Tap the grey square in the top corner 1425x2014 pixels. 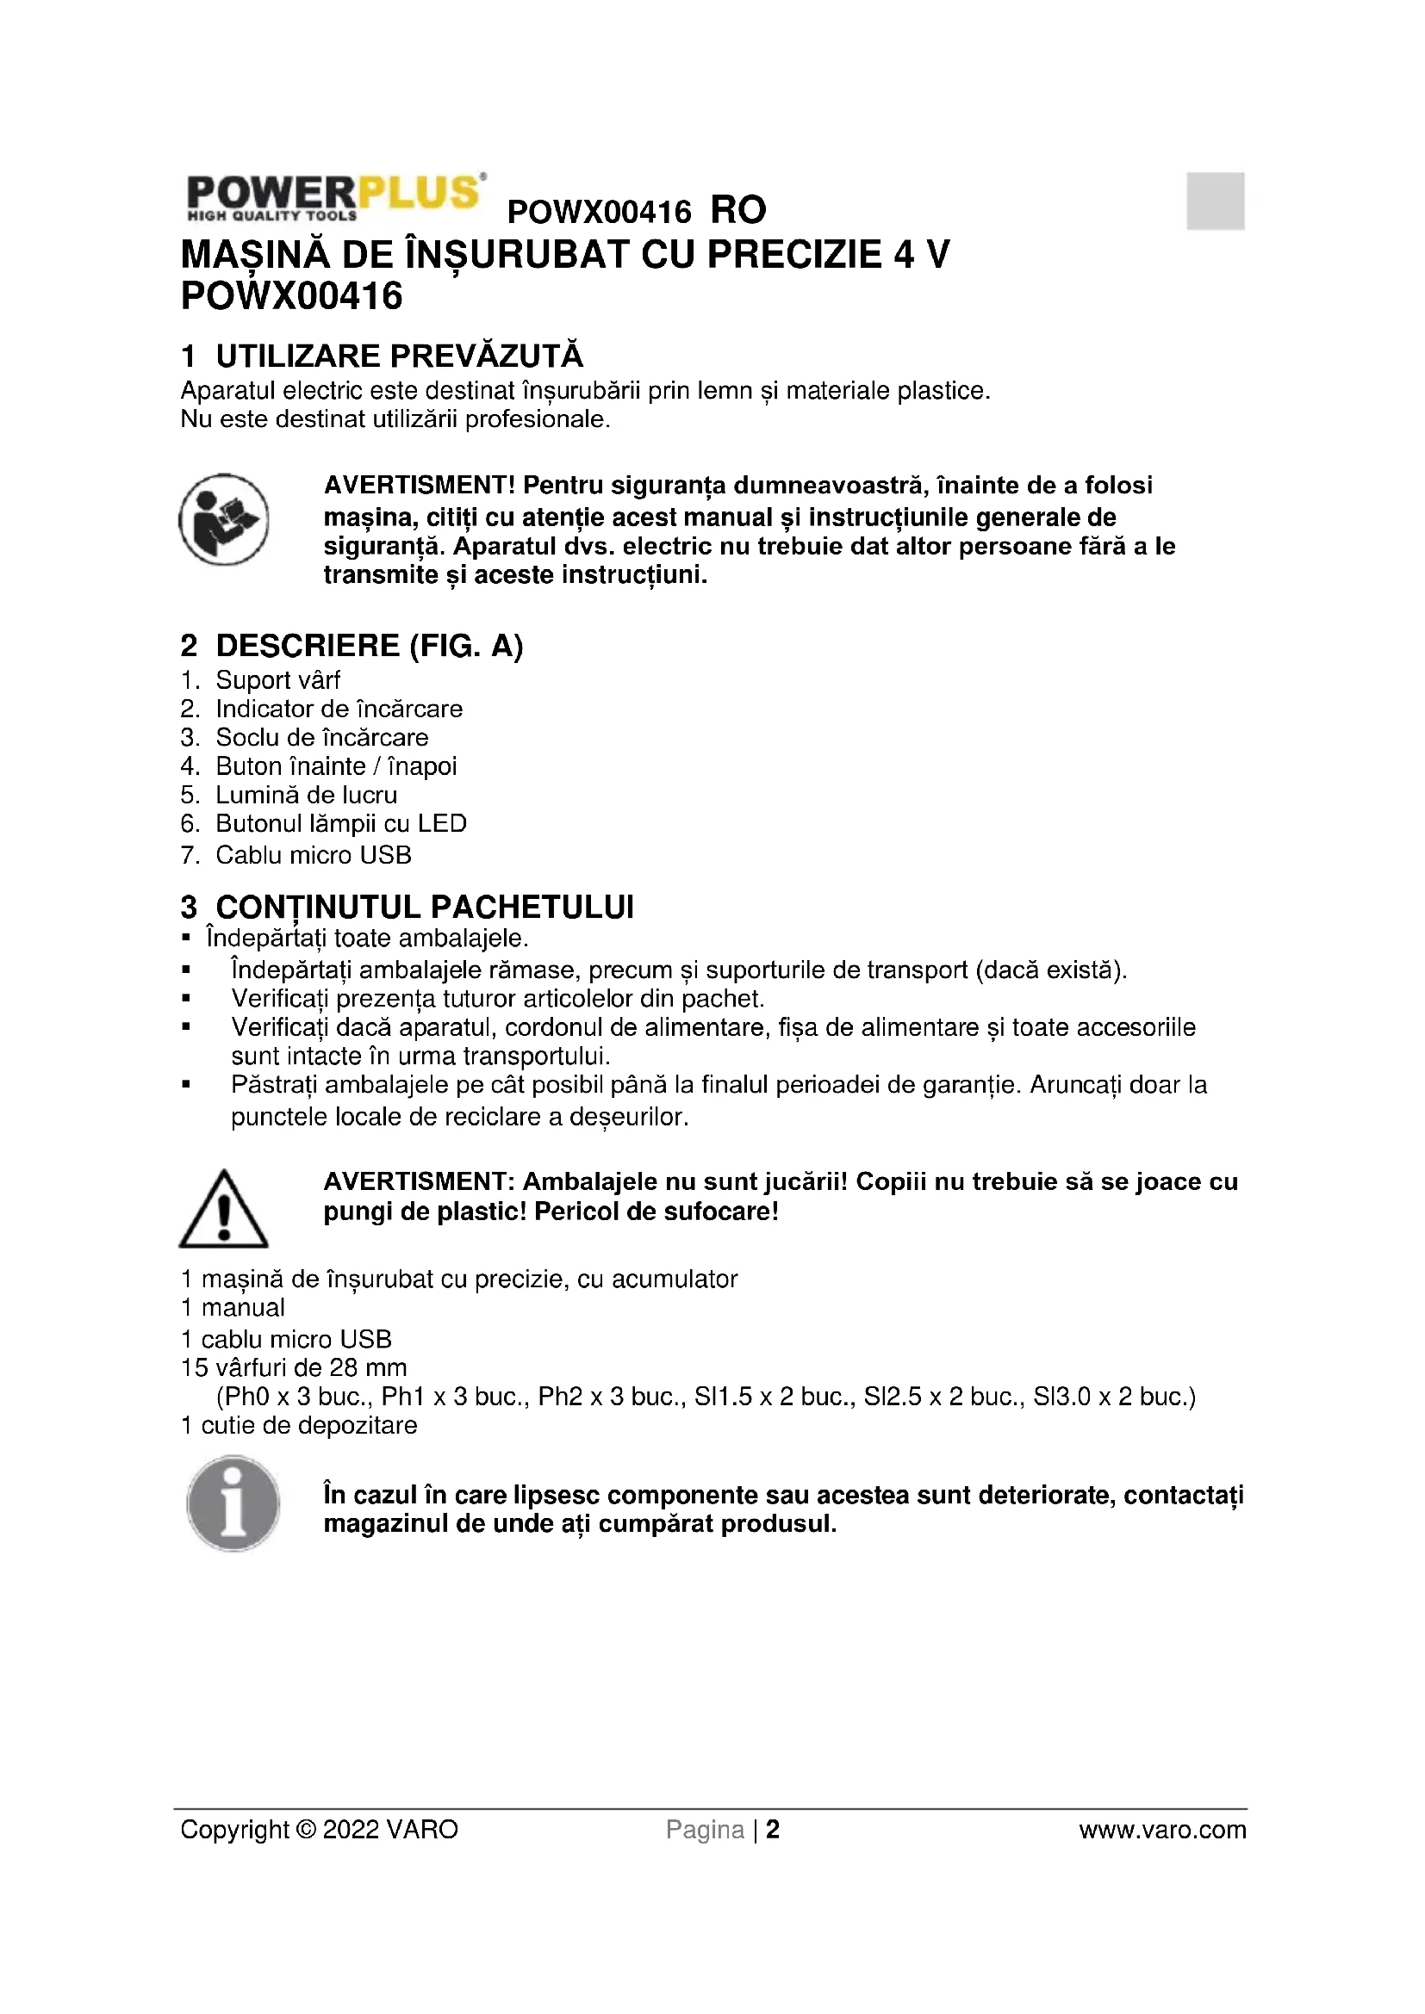[1216, 201]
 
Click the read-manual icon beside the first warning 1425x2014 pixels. [224, 519]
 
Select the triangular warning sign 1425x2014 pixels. [224, 1210]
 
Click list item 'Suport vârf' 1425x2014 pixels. [277, 680]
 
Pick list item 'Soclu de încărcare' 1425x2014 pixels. [321, 738]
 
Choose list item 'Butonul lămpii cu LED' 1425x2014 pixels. [340, 824]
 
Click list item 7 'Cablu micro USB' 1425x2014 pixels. [314, 855]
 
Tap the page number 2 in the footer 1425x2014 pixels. [773, 1830]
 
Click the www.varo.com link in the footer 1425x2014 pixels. [1161, 1830]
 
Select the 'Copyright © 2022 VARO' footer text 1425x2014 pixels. [320, 1830]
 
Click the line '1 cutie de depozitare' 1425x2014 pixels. [298, 1425]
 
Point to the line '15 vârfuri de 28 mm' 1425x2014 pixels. [294, 1367]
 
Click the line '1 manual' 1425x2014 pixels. [233, 1308]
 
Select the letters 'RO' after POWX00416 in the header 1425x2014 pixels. [738, 210]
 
